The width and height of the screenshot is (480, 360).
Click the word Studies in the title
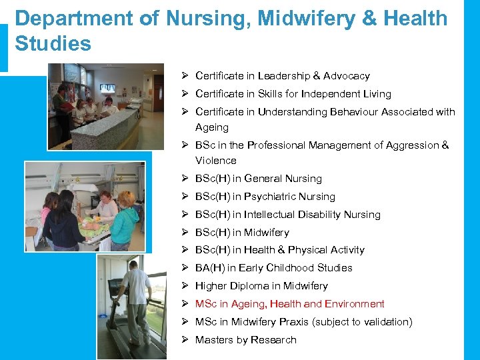click(x=53, y=44)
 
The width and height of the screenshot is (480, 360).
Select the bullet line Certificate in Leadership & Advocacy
click(x=282, y=76)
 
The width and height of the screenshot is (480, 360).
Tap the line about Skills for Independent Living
click(x=293, y=94)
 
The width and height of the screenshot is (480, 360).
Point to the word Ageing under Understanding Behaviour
click(x=212, y=127)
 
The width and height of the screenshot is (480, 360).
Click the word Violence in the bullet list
click(x=215, y=161)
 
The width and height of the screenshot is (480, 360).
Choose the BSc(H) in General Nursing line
click(x=258, y=179)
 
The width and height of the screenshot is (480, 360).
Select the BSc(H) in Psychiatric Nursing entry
click(x=265, y=197)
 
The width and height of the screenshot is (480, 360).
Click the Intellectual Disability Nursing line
click(x=287, y=215)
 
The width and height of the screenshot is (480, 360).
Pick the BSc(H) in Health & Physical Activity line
click(x=279, y=250)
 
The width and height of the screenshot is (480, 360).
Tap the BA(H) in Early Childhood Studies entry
click(x=273, y=268)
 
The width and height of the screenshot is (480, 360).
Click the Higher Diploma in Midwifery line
click(x=261, y=286)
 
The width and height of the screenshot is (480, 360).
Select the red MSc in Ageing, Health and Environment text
click(x=289, y=304)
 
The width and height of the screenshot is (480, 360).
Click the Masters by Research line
click(x=245, y=340)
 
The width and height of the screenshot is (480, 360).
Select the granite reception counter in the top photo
click(x=107, y=130)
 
